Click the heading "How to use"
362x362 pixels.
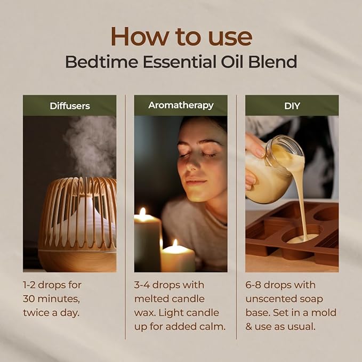pyautogui.click(x=181, y=36)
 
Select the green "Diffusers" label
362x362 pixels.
pyautogui.click(x=69, y=106)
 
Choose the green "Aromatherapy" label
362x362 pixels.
pyautogui.click(x=181, y=106)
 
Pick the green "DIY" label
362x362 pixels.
pyautogui.click(x=292, y=106)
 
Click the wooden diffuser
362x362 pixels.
pyautogui.click(x=77, y=224)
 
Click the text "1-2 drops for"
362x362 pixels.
pyautogui.click(x=52, y=285)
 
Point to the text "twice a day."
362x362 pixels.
pyautogui.click(x=51, y=312)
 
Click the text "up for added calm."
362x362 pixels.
pyautogui.click(x=180, y=326)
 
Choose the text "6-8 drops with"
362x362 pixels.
pyautogui.click(x=280, y=285)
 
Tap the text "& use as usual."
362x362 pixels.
pyautogui.click(x=280, y=326)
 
